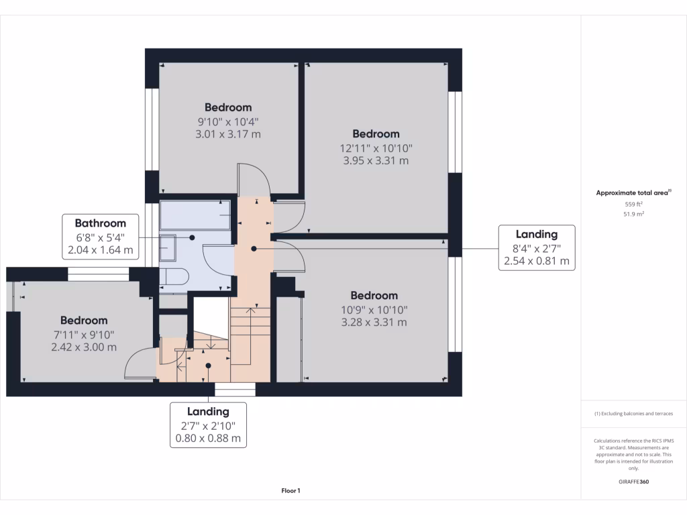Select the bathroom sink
tap(168, 249)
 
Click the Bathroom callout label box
tap(101, 237)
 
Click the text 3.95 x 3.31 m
tap(376, 161)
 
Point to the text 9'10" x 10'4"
tap(228, 121)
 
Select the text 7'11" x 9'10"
tap(84, 334)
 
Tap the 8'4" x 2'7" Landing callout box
tap(536, 247)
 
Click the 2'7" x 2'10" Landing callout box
tap(208, 425)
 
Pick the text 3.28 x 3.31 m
tap(374, 323)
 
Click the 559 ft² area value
tap(634, 204)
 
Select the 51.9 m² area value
tap(634, 214)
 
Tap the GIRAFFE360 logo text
tap(634, 481)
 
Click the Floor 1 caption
tap(290, 491)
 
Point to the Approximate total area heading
tap(633, 192)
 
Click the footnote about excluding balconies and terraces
tap(634, 414)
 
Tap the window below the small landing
tap(235, 390)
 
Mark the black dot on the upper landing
tap(254, 249)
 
